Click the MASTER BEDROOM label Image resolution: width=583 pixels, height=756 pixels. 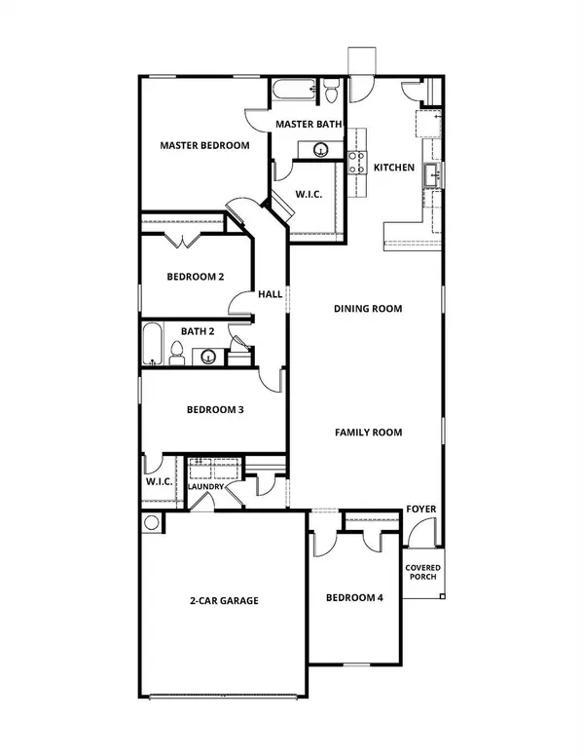(204, 145)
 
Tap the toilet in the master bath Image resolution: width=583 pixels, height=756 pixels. (331, 94)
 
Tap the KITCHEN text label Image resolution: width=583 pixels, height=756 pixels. (394, 168)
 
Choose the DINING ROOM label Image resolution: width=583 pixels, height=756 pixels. (368, 309)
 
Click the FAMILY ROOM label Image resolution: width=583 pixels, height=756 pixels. (369, 432)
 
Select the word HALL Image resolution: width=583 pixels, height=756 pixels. (270, 294)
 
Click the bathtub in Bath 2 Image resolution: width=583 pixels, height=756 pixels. (153, 346)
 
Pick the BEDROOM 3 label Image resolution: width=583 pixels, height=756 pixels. (214, 410)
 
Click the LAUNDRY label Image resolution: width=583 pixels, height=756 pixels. (205, 487)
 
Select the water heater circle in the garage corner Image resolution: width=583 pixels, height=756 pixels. (151, 522)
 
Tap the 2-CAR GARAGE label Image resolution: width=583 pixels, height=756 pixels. (224, 601)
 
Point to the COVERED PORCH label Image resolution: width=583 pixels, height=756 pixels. (422, 574)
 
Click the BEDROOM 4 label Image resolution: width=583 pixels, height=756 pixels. (354, 597)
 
